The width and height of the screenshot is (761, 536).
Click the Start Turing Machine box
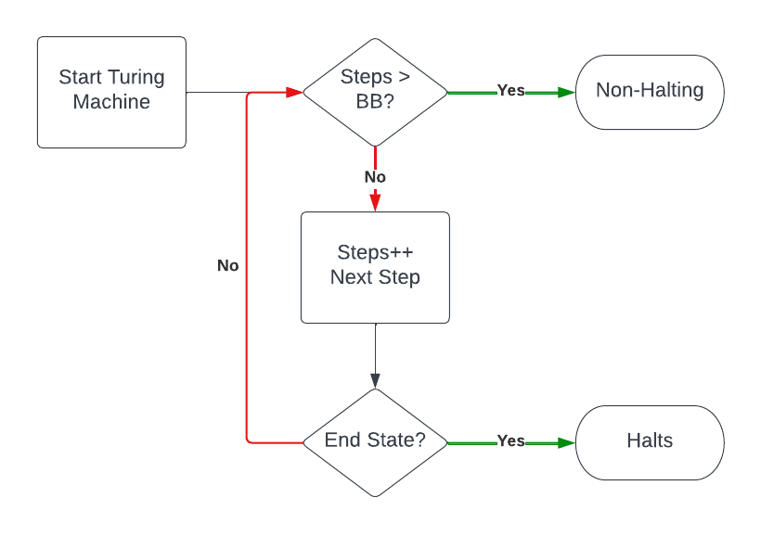click(111, 92)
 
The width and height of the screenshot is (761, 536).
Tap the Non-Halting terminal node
click(650, 92)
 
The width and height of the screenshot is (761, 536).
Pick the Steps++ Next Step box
click(375, 267)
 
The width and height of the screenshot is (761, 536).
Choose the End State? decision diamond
click(375, 441)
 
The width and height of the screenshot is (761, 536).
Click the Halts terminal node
click(650, 441)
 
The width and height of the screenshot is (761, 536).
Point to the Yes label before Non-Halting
click(510, 91)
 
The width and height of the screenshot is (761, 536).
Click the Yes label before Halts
click(510, 441)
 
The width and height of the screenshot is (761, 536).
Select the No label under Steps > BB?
click(375, 177)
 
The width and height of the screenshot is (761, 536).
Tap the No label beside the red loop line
click(228, 266)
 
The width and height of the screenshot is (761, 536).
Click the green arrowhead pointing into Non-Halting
click(566, 92)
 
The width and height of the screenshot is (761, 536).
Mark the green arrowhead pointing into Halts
click(566, 442)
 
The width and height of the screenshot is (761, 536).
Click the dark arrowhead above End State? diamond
click(375, 380)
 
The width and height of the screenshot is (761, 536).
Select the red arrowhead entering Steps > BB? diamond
click(294, 92)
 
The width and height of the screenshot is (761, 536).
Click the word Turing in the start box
click(136, 78)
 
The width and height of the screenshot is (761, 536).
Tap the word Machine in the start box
click(111, 103)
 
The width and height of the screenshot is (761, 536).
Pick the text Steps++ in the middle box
click(375, 253)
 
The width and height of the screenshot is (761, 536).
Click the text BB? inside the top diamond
click(375, 103)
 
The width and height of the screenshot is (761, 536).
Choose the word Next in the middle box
click(350, 278)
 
